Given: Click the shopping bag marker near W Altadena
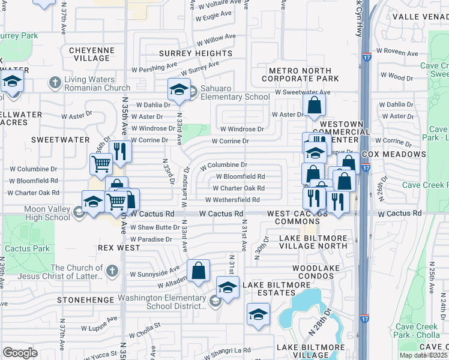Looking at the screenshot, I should (198, 271).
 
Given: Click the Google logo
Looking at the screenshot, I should (20, 352).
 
